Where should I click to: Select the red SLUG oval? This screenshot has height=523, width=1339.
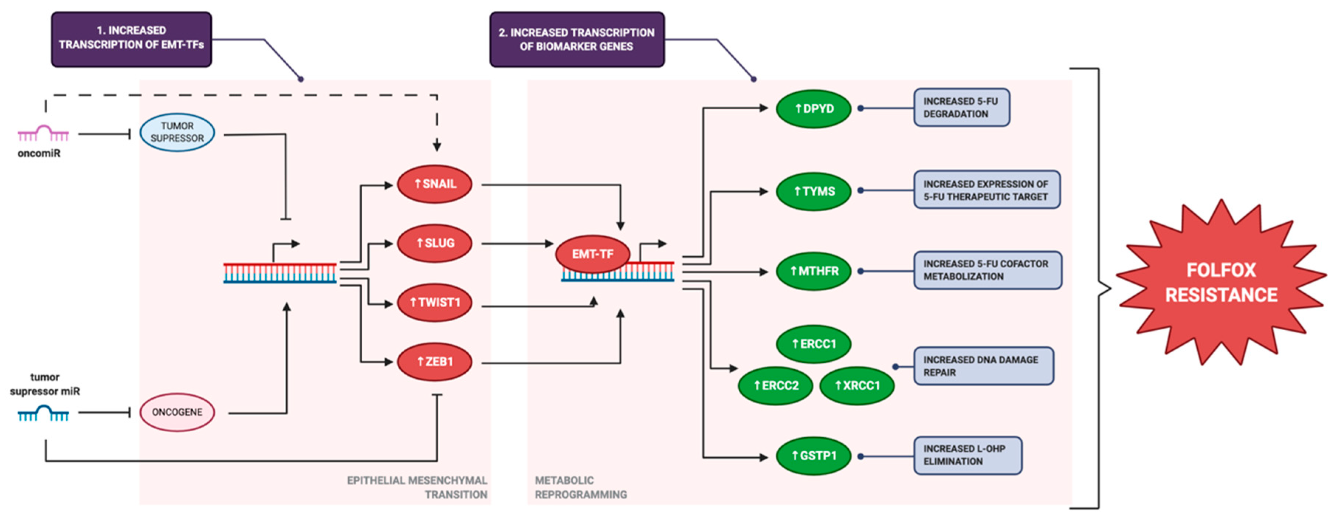[x=435, y=243]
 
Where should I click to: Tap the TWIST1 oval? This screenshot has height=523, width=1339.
[x=435, y=302]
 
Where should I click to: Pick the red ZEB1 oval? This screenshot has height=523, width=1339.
[x=435, y=362]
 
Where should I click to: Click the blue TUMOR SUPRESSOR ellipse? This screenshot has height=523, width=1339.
[x=177, y=133]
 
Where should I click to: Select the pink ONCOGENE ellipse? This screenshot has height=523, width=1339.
[x=177, y=412]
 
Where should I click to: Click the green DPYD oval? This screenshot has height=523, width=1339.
[x=814, y=109]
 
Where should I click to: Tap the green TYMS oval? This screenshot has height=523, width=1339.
[x=814, y=191]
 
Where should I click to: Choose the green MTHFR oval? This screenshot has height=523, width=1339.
[x=814, y=271]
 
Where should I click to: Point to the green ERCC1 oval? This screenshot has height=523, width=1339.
[x=814, y=344]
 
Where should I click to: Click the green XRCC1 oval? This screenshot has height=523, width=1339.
[x=857, y=386]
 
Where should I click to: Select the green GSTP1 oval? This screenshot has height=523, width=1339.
[x=814, y=456]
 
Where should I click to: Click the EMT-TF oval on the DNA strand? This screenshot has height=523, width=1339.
[x=593, y=254]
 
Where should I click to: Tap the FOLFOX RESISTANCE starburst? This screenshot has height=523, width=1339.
[x=1221, y=283]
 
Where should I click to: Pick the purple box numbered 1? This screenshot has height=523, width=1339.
[x=131, y=39]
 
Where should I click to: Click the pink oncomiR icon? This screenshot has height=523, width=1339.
[x=43, y=134]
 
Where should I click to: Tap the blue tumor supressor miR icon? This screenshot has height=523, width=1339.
[x=43, y=414]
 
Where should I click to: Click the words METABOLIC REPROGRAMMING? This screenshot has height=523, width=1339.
[x=580, y=488]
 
